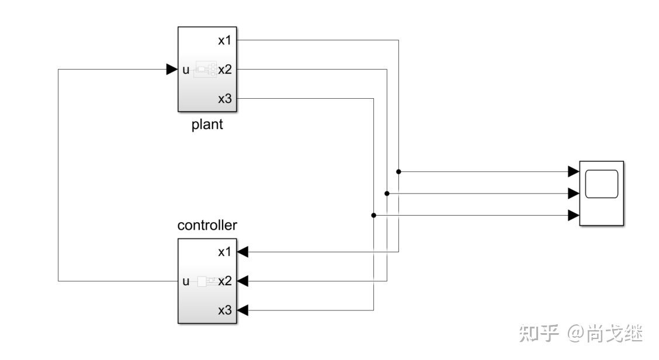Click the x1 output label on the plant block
[225, 40]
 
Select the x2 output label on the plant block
[225, 70]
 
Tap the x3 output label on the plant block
[225, 99]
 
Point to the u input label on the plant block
[186, 70]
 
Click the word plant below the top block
[207, 125]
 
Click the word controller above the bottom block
[207, 225]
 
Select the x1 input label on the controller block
[225, 252]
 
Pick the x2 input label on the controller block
[225, 281]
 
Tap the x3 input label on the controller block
[225, 310]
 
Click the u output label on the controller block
[186, 281]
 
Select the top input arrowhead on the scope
[573, 172]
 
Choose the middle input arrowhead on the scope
[573, 193]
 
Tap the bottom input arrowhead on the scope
[573, 215]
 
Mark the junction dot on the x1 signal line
[398, 172]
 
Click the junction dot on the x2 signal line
[387, 193]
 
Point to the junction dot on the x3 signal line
[374, 215]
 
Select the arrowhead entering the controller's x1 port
[243, 252]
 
